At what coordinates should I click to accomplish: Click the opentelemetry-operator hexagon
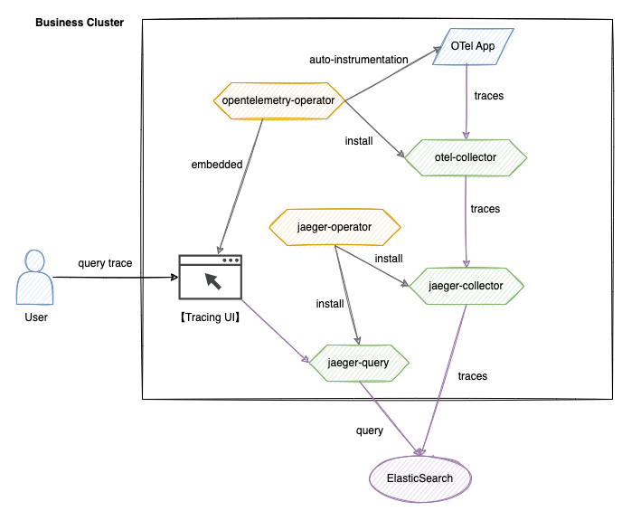pos(278,100)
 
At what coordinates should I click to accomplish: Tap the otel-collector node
pos(465,157)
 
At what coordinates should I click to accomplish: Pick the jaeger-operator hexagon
pos(334,226)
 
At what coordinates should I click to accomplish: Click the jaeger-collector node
pos(465,286)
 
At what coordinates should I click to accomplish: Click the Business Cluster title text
pos(80,22)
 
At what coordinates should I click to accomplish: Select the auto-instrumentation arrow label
pos(359,60)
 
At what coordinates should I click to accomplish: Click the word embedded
pos(217,165)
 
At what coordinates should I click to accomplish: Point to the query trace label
pos(105,263)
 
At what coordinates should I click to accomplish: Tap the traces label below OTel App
pos(489,94)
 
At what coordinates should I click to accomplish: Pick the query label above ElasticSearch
pos(370,431)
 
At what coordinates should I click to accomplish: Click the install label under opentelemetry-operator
pos(359,141)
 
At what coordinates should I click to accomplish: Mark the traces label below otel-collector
pos(485,209)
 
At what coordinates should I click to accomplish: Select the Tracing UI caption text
pos(210,317)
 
